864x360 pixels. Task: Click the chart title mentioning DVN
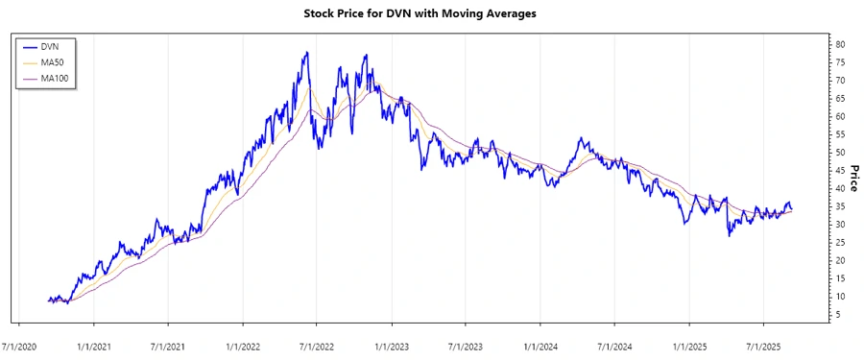[432, 14]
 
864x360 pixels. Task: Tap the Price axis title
[852, 178]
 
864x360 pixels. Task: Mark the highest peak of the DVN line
[307, 53]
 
